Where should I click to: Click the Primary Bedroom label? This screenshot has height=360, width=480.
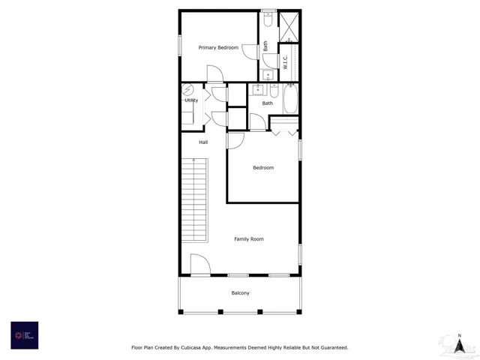pyautogui.click(x=218, y=48)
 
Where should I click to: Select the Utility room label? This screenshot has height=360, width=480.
pyautogui.click(x=191, y=100)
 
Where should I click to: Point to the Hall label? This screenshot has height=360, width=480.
pyautogui.click(x=203, y=142)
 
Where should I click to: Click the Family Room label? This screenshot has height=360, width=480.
pyautogui.click(x=248, y=239)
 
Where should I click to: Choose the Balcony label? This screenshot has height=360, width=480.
pyautogui.click(x=240, y=293)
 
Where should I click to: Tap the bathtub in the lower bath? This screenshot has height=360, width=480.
pyautogui.click(x=290, y=97)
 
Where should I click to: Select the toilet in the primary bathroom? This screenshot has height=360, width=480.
pyautogui.click(x=267, y=22)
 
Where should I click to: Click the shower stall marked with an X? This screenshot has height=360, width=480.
pyautogui.click(x=289, y=25)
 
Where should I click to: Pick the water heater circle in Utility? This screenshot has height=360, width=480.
pyautogui.click(x=189, y=88)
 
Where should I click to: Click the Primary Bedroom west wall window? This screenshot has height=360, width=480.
pyautogui.click(x=180, y=44)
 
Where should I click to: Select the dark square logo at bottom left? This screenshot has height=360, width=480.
pyautogui.click(x=24, y=335)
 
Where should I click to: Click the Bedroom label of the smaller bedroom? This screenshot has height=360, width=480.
pyautogui.click(x=262, y=168)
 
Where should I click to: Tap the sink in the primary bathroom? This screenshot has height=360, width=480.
pyautogui.click(x=268, y=75)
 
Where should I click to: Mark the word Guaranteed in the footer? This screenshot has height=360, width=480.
pyautogui.click(x=331, y=348)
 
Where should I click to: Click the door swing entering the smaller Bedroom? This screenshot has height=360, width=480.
pyautogui.click(x=235, y=141)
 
